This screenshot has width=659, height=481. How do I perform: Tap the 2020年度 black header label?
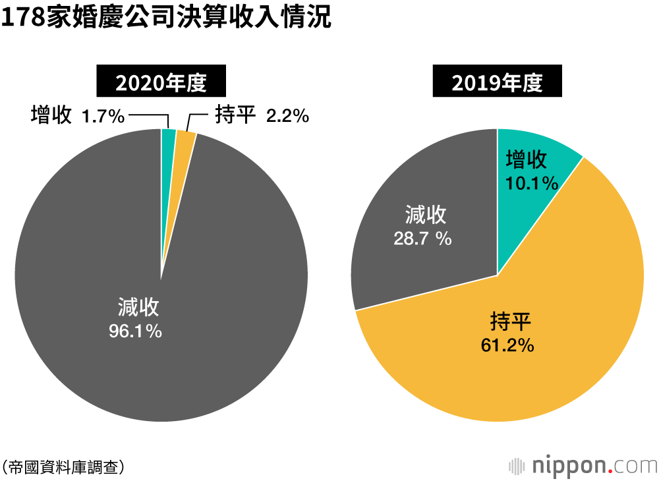click(x=161, y=83)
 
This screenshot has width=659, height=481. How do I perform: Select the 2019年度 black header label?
click(x=497, y=83)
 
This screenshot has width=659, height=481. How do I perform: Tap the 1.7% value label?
click(x=103, y=117)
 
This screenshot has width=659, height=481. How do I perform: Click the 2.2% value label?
click(x=287, y=117)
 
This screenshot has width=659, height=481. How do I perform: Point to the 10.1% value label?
click(x=532, y=183)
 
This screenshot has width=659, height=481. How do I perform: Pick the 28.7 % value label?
click(x=423, y=239)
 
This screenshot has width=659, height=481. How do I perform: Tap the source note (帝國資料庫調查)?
click(x=63, y=467)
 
